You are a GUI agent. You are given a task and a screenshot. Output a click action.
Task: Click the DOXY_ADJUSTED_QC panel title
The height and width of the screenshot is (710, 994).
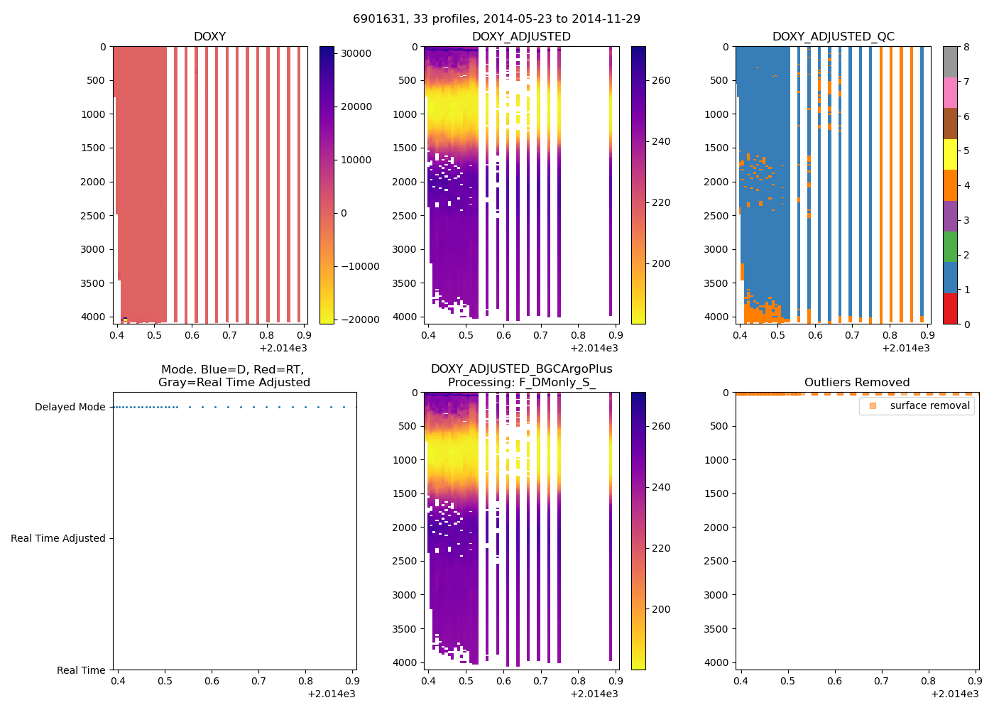[833, 36]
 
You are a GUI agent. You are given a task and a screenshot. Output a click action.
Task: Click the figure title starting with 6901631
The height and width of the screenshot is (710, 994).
[496, 18]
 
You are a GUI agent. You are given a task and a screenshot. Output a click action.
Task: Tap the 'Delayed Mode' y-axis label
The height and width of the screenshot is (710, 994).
[70, 407]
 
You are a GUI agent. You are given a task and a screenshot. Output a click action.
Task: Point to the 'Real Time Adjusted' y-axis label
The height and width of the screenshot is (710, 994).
[58, 538]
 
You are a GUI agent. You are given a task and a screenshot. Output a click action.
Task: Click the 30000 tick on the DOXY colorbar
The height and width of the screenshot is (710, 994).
[356, 53]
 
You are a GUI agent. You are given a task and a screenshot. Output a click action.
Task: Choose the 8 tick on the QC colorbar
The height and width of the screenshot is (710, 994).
[966, 47]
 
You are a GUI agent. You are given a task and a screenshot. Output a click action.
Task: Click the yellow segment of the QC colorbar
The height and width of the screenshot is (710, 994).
[949, 154]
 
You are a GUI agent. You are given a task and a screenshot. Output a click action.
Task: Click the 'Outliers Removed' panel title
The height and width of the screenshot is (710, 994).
[856, 382]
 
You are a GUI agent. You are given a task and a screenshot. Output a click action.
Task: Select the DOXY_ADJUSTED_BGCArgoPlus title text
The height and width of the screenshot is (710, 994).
[521, 368]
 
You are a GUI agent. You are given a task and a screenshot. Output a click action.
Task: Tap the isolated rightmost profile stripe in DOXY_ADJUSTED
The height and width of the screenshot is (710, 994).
[610, 177]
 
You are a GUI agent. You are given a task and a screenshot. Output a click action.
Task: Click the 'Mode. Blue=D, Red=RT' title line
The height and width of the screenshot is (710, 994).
[234, 369]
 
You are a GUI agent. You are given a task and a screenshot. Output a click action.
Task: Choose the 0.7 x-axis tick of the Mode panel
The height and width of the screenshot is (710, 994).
[258, 681]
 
